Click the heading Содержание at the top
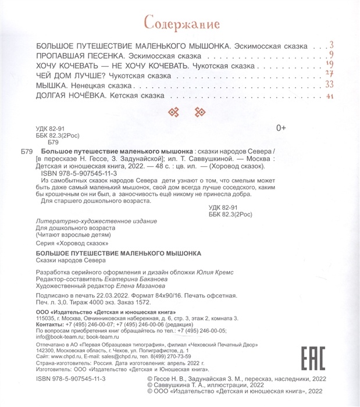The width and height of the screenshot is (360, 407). click(x=181, y=24)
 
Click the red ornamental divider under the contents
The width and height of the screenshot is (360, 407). click(x=181, y=112)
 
